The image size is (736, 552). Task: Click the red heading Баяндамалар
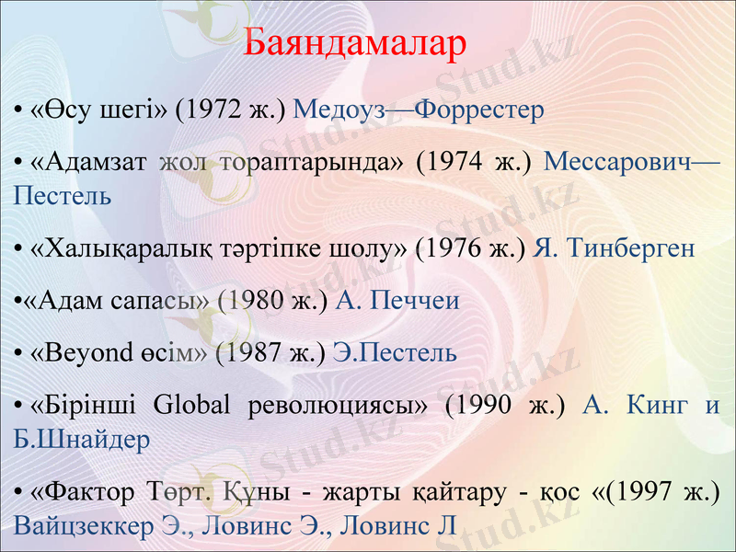[356, 44]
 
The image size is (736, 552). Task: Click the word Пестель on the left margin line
[63, 195]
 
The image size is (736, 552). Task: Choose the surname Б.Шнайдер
[82, 439]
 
